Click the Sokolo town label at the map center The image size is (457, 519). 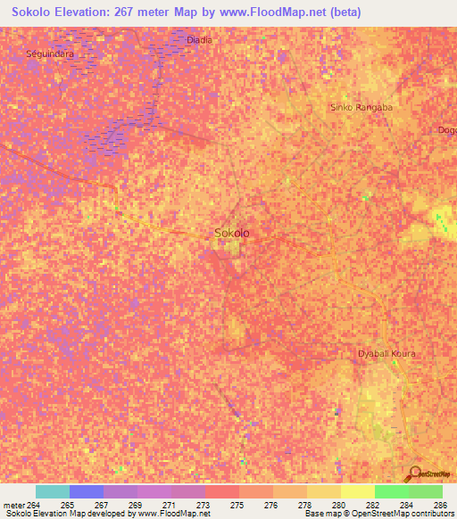[x=232, y=234]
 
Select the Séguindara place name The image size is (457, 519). [x=50, y=54]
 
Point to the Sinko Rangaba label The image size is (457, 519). [x=361, y=107]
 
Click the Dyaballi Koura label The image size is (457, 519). [x=386, y=354]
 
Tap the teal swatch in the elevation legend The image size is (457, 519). [x=53, y=491]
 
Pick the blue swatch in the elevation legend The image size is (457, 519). [x=87, y=491]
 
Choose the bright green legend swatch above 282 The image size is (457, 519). [x=392, y=491]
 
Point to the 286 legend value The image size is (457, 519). [x=440, y=505]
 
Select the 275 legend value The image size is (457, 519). [x=237, y=505]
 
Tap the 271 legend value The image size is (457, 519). [x=169, y=505]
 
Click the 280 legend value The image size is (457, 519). [x=338, y=505]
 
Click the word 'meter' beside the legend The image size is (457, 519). [x=12, y=505]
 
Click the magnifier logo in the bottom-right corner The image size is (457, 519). [x=414, y=472]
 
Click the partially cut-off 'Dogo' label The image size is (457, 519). [x=446, y=130]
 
